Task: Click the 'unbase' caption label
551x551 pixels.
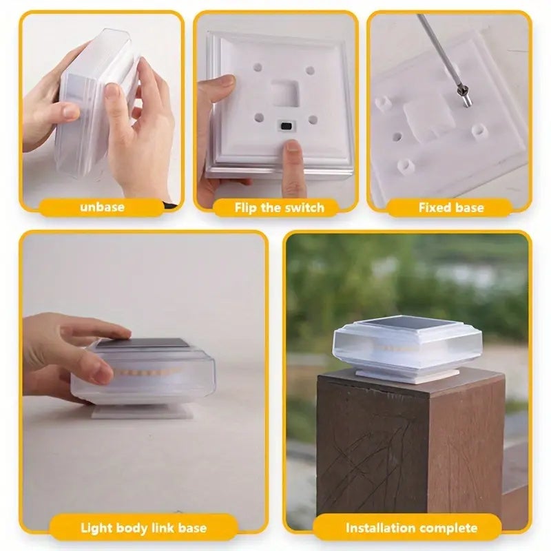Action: [102, 207]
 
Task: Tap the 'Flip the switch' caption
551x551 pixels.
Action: [280, 207]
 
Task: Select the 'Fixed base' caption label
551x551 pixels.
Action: [451, 207]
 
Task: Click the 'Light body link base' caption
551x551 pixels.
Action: [143, 528]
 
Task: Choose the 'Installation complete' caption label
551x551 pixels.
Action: [411, 528]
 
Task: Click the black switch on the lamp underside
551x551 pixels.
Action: [287, 126]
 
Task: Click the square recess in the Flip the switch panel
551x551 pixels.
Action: [285, 93]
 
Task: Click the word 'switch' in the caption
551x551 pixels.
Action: [304, 207]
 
